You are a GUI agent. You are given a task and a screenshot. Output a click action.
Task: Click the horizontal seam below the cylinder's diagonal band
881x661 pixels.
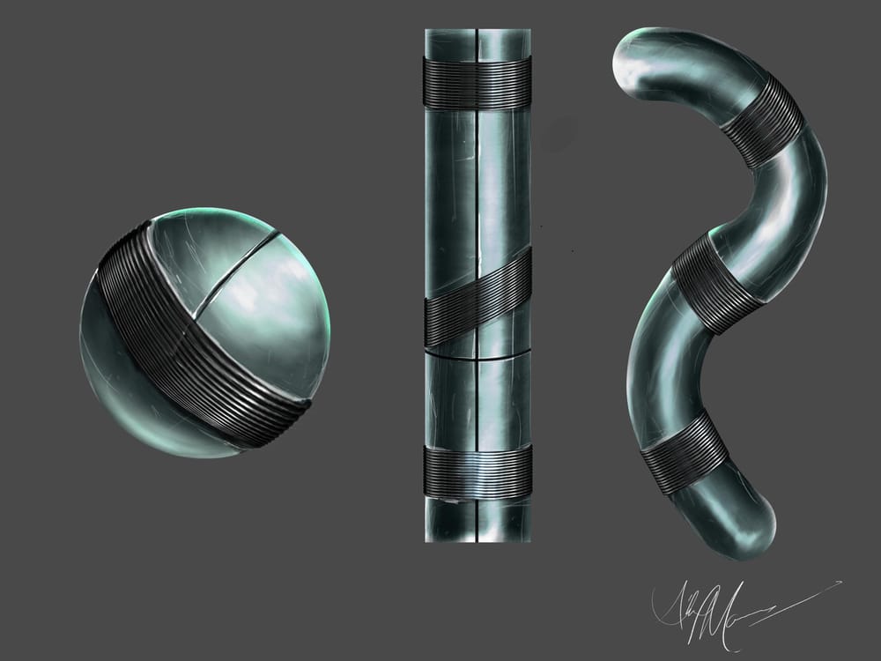point(477,359)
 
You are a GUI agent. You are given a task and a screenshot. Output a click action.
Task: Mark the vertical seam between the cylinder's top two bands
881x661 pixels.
point(477,176)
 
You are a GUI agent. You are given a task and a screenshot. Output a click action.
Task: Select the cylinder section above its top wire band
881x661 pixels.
point(477,42)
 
